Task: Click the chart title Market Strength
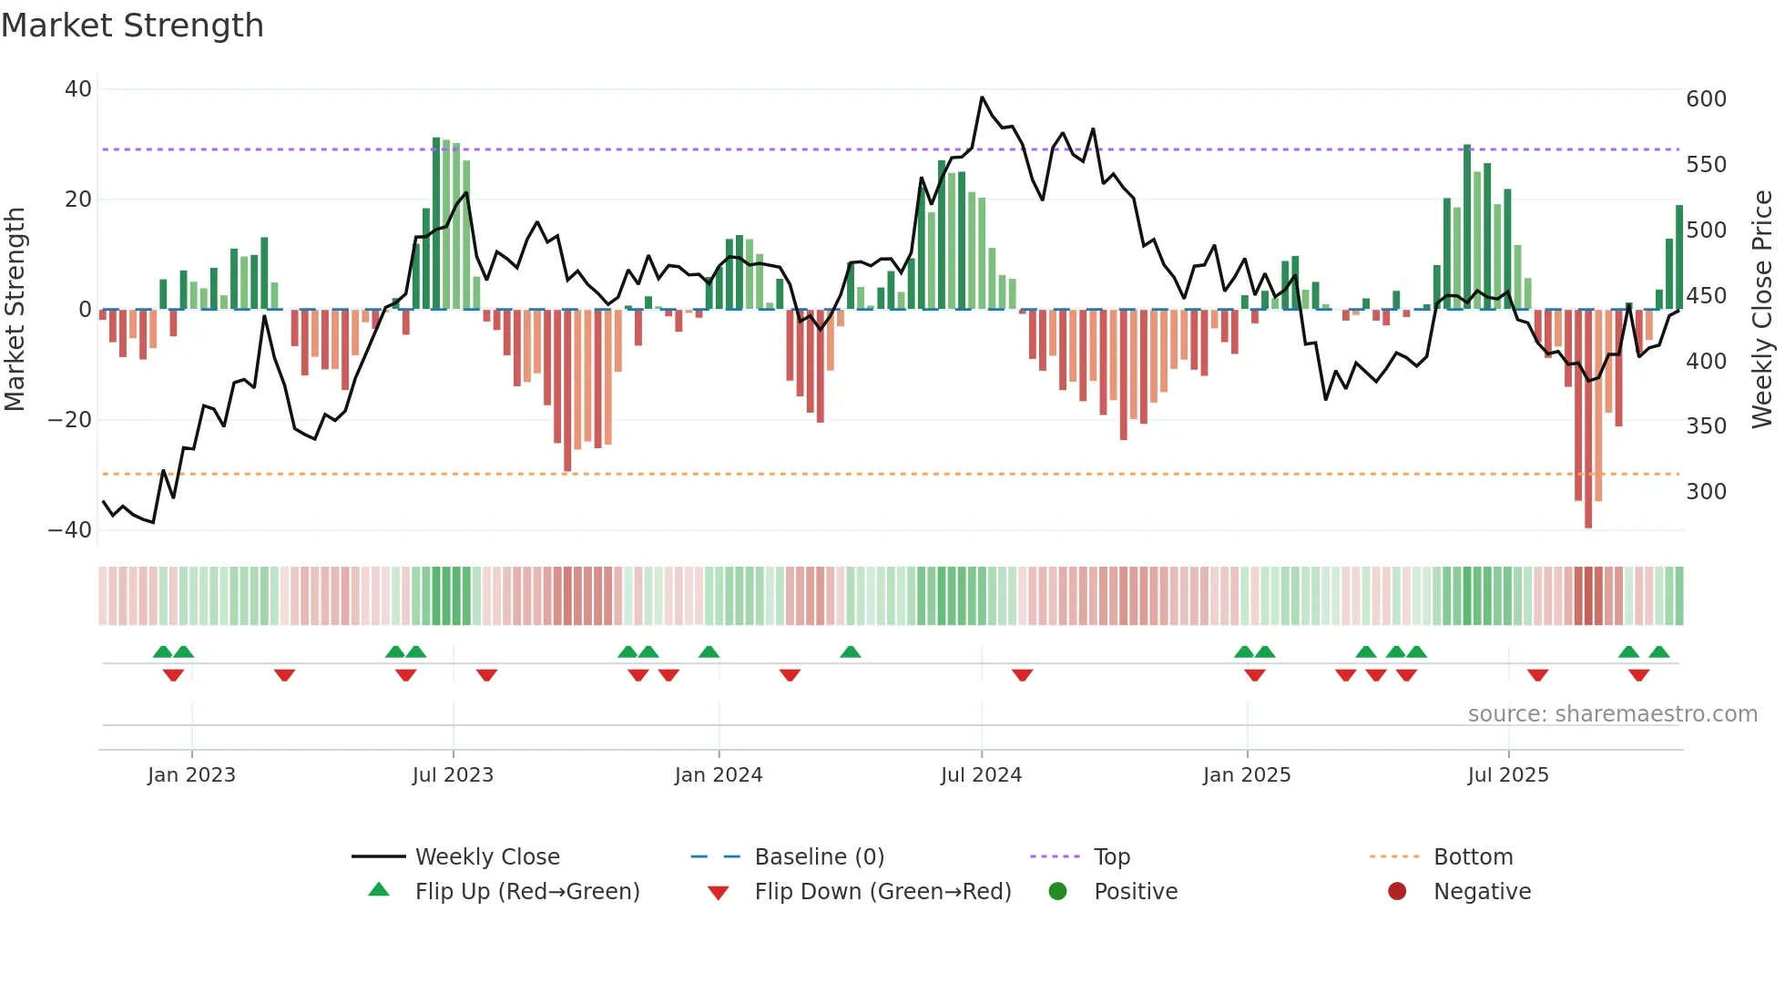point(132,26)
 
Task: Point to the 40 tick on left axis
point(78,89)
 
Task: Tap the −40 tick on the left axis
point(70,529)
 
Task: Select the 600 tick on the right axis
point(1706,98)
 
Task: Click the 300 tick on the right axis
point(1706,491)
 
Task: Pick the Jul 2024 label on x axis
point(981,774)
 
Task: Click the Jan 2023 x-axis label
point(191,774)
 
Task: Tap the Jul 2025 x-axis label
point(1507,774)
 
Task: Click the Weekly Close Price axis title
point(1762,309)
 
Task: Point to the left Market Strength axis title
point(15,309)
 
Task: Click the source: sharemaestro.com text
point(1612,713)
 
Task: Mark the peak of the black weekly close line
point(982,97)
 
